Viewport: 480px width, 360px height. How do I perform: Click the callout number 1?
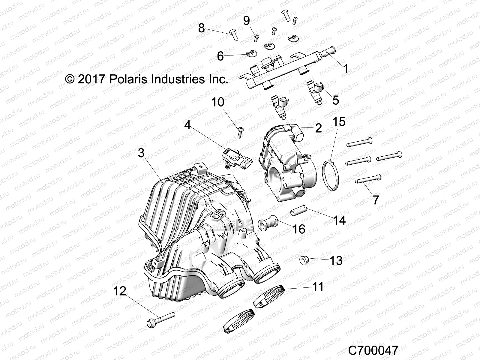click(x=346, y=69)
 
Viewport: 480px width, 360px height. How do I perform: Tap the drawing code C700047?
click(x=373, y=350)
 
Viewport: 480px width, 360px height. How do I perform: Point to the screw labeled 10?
click(x=240, y=132)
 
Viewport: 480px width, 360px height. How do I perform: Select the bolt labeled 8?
click(x=233, y=37)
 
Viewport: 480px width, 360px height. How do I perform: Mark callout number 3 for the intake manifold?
click(x=141, y=153)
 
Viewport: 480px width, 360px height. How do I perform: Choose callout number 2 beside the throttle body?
click(x=318, y=128)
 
